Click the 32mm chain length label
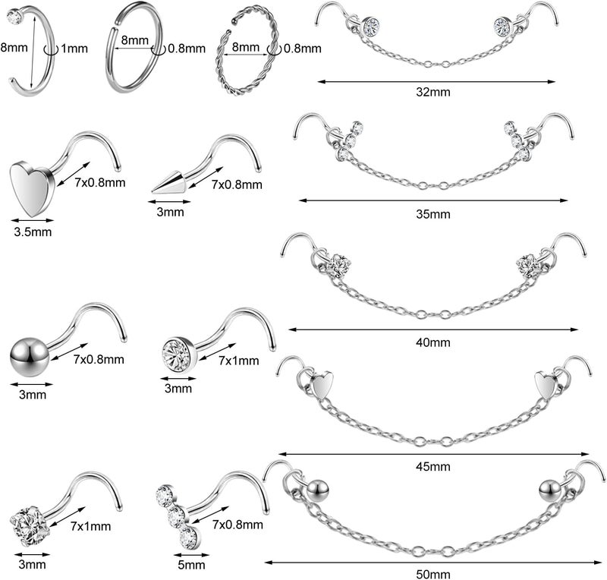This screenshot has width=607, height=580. [x=432, y=92]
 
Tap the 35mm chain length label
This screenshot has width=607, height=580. [x=432, y=214]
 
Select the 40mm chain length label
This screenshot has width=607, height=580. [x=432, y=342]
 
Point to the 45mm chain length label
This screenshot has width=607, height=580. [x=432, y=466]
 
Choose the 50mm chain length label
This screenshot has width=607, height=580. [x=432, y=574]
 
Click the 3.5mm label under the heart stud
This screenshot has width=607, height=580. [x=33, y=232]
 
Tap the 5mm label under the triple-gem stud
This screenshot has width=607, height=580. [x=191, y=565]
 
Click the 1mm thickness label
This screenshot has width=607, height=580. [x=74, y=49]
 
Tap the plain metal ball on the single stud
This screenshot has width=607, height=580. [x=30, y=358]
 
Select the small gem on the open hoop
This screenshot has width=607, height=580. [x=14, y=17]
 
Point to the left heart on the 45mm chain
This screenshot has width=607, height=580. [x=321, y=383]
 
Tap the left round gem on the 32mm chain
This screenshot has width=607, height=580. [x=371, y=26]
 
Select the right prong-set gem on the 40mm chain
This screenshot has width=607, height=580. [x=529, y=266]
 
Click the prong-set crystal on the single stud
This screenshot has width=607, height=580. [x=29, y=526]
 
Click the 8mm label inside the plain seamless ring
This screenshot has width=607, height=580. [x=135, y=40]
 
